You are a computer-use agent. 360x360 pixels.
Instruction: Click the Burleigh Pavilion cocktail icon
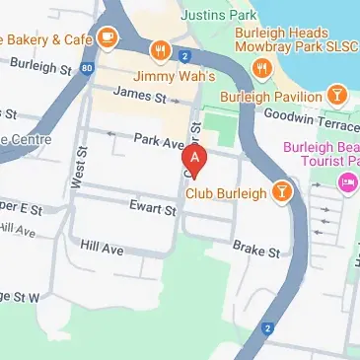click(338, 95)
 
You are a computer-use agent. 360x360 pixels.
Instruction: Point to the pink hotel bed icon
click(346, 182)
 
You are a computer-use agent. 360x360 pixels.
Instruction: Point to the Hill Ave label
click(102, 249)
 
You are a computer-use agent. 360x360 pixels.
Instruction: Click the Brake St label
click(256, 252)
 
